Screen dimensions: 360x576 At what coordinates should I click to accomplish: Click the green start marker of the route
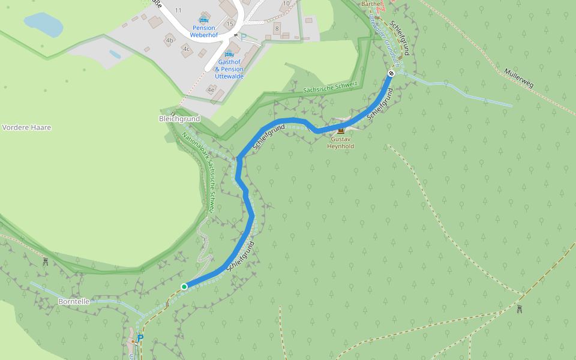click(184, 287)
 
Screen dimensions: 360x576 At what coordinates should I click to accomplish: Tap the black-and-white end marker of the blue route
click(391, 73)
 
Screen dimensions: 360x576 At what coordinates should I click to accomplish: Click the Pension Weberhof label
click(204, 31)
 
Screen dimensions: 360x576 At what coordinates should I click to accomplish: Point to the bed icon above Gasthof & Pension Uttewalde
click(229, 55)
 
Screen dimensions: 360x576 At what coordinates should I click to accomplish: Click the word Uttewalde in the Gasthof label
click(229, 76)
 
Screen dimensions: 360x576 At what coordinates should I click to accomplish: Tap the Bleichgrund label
click(179, 119)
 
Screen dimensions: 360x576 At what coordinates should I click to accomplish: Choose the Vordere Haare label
click(26, 128)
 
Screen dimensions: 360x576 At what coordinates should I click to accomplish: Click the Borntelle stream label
click(74, 301)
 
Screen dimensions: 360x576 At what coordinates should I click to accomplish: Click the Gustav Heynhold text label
click(341, 143)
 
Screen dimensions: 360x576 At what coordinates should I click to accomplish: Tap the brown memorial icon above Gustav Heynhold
click(341, 131)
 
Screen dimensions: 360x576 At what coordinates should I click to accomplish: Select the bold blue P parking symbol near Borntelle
click(140, 338)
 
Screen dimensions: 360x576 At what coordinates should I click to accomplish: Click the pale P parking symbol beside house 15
click(244, 36)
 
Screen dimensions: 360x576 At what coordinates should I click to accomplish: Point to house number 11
click(178, 11)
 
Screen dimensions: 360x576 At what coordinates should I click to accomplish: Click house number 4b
click(170, 41)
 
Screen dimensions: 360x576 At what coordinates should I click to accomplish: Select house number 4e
click(211, 89)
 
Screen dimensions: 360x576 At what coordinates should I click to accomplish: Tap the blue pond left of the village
click(44, 25)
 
